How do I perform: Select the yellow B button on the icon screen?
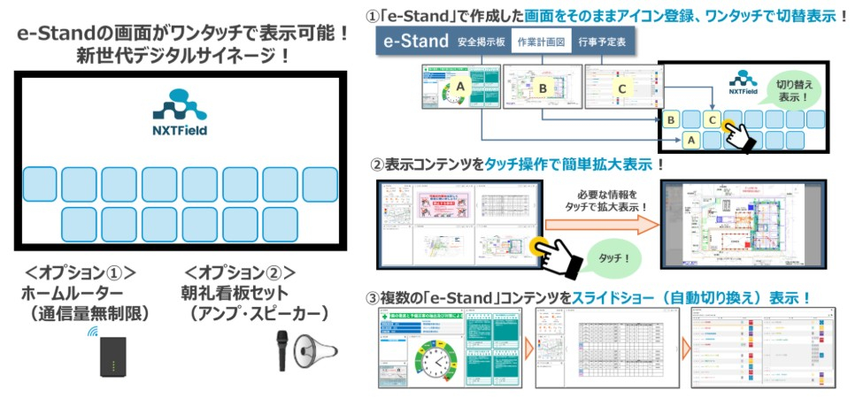672,119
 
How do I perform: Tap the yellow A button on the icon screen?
691,140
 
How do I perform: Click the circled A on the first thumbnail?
458,86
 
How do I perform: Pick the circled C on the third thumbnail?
622,88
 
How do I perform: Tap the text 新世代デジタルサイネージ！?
181,56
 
